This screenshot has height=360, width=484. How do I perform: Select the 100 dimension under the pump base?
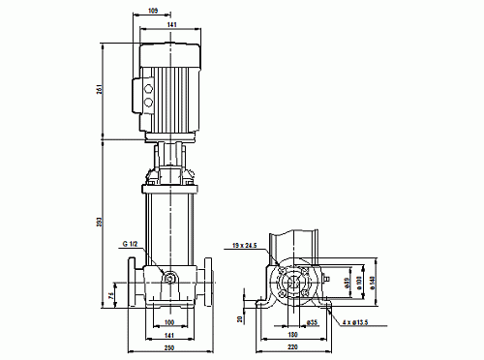coord(169,321)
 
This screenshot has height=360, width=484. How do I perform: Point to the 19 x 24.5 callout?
coord(244,248)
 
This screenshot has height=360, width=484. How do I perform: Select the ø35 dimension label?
coord(313,321)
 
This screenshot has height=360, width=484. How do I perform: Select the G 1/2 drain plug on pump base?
coord(170,281)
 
